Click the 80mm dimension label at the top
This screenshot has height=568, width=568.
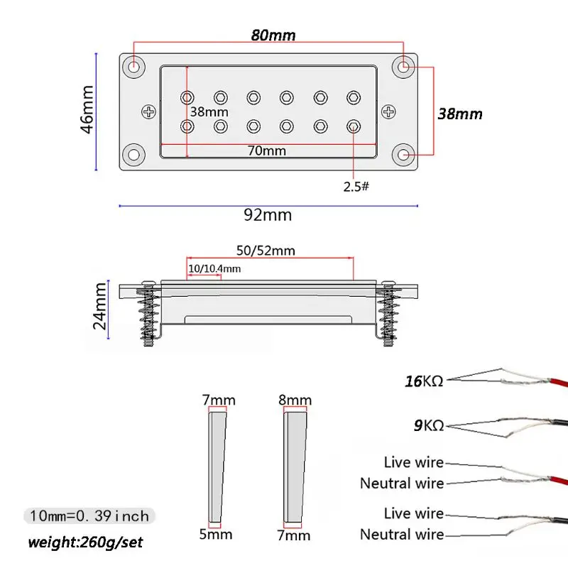click(273, 35)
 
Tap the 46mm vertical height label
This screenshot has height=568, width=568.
click(87, 109)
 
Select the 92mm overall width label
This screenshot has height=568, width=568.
click(268, 215)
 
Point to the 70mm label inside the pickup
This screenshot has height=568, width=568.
click(267, 151)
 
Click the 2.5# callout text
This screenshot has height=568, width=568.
click(356, 187)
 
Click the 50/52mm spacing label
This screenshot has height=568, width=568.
click(266, 251)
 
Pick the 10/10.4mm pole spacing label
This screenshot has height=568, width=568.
click(214, 268)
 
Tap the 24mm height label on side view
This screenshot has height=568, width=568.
click(100, 306)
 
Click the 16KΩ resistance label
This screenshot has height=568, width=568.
click(424, 381)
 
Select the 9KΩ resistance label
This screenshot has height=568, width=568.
click(429, 425)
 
